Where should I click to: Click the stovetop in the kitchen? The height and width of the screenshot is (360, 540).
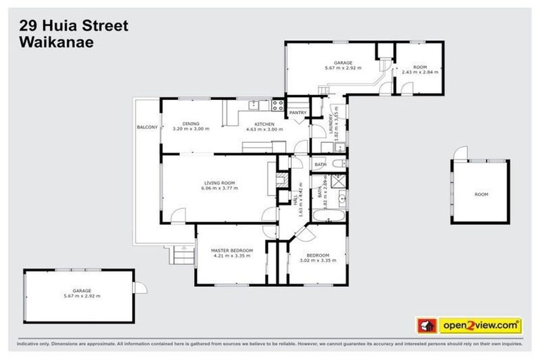(x=277, y=108)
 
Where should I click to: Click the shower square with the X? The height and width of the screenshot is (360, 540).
(x=338, y=179)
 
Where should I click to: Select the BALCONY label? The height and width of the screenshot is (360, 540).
(x=147, y=127)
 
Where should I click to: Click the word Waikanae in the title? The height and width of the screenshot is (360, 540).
(x=54, y=41)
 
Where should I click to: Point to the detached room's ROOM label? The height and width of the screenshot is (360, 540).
(x=481, y=194)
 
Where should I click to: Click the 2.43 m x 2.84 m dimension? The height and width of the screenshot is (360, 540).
(x=420, y=72)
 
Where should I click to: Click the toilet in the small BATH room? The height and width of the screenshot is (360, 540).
(x=338, y=164)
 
